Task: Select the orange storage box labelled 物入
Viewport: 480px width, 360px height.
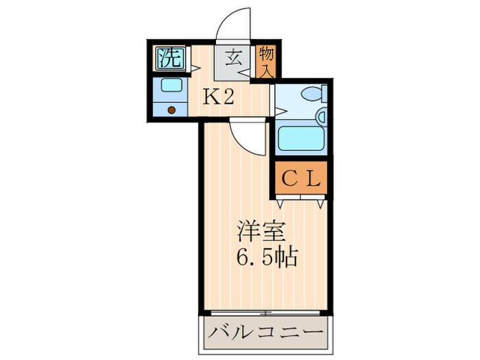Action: tap(266, 61)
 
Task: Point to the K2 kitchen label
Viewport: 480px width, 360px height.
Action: tap(218, 97)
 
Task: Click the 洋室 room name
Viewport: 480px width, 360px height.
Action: tap(256, 230)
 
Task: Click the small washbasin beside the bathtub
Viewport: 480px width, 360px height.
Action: tap(320, 118)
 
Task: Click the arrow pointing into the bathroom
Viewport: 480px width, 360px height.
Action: tap(280, 108)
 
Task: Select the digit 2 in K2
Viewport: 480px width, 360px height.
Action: tap(228, 97)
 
